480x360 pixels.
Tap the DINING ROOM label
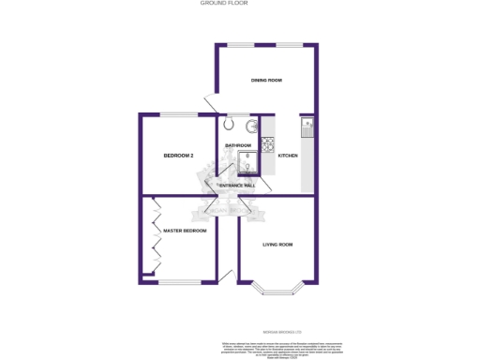[x=266, y=81]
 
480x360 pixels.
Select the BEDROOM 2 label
[x=178, y=155]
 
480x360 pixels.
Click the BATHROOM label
[x=238, y=145]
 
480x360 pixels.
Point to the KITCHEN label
[x=288, y=155]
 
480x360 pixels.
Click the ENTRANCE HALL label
[x=236, y=186]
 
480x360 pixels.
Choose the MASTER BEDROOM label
[x=184, y=231]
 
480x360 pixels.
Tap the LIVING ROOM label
[x=277, y=245]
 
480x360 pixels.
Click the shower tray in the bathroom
[x=249, y=165]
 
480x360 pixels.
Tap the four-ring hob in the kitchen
[x=266, y=144]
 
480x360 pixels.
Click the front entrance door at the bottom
[x=225, y=277]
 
